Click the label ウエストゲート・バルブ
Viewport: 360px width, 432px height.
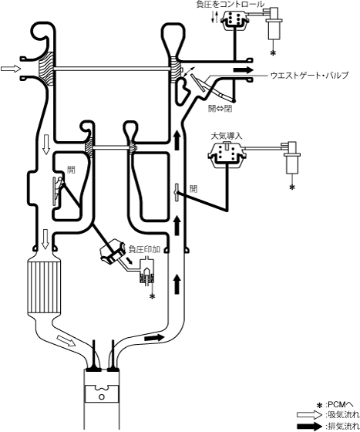[309, 76]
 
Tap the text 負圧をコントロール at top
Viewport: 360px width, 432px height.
[230, 4]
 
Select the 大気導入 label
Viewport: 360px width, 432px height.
[227, 136]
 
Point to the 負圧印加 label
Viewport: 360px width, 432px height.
[144, 249]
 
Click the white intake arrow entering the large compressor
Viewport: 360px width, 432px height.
[11, 69]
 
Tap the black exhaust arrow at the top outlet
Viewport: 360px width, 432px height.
[244, 69]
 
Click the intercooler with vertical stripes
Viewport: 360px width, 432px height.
[44, 287]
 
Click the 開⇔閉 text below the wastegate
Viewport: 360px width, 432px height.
[220, 109]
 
